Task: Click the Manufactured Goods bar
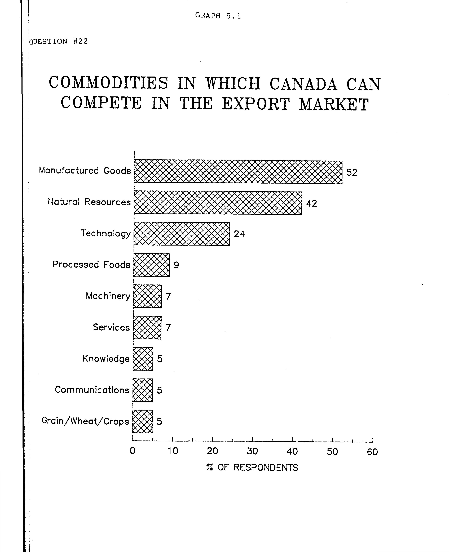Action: coord(238,172)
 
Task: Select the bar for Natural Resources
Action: coord(218,203)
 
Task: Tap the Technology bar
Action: coord(182,234)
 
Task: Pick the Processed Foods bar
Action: coord(152,265)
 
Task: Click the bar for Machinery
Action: coord(147,296)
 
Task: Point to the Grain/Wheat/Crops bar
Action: coord(142,421)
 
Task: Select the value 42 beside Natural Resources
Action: coord(311,203)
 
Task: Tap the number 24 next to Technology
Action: coord(239,234)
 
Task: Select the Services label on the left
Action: coord(111,327)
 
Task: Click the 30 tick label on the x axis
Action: coord(252,451)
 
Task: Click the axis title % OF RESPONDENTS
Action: coord(252,468)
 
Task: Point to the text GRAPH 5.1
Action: coord(218,16)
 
